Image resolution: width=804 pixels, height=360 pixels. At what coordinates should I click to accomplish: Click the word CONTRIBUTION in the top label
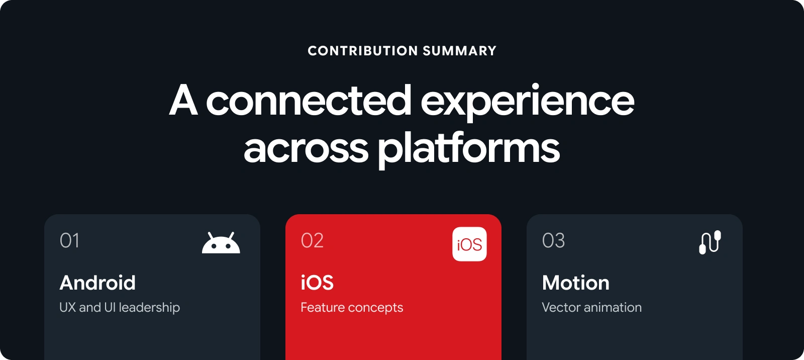[x=362, y=51]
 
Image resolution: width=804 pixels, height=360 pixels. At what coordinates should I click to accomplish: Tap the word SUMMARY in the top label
[x=460, y=51]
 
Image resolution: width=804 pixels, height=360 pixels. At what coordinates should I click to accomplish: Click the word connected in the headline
[x=309, y=101]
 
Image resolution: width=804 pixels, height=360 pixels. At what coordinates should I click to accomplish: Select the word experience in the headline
[x=527, y=103]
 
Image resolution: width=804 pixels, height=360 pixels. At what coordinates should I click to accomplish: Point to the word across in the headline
[x=306, y=149]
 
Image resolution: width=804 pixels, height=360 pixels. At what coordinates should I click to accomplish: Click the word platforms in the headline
[x=469, y=149]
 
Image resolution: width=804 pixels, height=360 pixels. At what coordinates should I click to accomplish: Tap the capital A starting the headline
[x=183, y=100]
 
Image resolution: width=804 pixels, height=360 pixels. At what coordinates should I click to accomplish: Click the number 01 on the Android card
[x=69, y=240]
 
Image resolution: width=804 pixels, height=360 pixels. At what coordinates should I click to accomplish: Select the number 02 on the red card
[x=312, y=240]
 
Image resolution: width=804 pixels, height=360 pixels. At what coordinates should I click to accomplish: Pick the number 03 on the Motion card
[x=553, y=240]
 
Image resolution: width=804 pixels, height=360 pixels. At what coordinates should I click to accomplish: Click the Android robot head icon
[x=221, y=243]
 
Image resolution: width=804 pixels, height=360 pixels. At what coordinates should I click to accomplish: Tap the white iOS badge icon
[x=469, y=244]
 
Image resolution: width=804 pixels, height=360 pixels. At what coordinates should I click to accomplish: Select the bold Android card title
[x=97, y=283]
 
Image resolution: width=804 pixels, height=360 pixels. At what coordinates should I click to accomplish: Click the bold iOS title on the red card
[x=317, y=283]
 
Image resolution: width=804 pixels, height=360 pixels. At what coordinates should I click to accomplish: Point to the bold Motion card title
[x=576, y=283]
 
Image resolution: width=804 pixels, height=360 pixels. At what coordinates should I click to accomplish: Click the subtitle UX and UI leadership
[x=120, y=308]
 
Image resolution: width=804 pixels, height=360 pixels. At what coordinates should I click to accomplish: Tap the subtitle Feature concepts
[x=352, y=308]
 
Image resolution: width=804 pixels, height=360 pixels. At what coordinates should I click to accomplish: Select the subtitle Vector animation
[x=591, y=308]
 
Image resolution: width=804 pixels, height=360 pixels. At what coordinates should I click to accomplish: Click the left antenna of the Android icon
[x=211, y=236]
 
